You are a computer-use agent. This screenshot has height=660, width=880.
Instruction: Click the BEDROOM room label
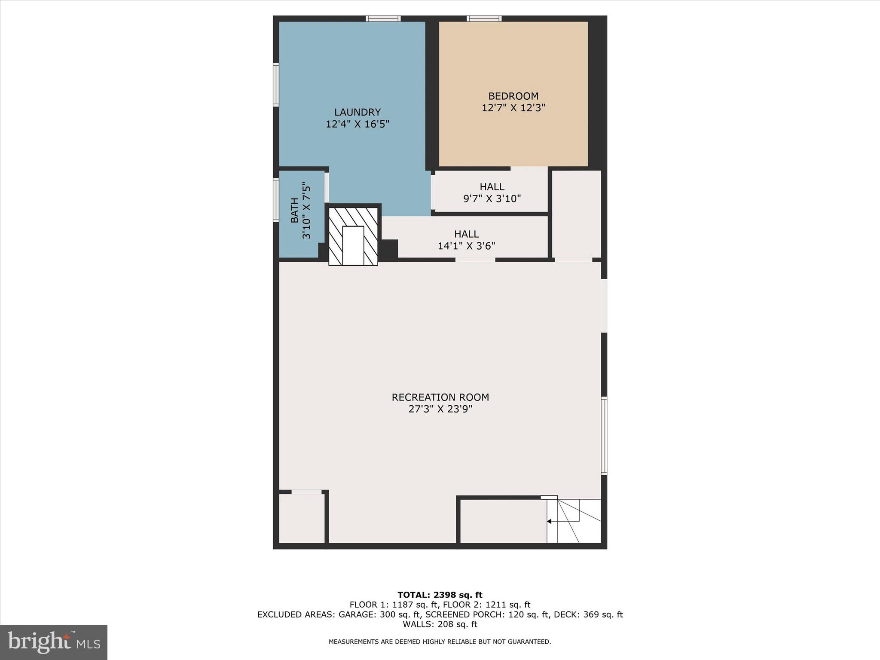click(513, 96)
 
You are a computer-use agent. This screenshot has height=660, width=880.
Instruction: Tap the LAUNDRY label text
click(357, 112)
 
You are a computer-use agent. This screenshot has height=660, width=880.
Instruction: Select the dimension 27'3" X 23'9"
click(440, 409)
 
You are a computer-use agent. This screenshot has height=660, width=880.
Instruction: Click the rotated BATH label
click(295, 210)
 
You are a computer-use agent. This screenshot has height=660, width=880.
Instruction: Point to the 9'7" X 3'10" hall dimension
click(492, 199)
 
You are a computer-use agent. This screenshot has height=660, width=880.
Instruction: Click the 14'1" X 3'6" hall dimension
click(466, 246)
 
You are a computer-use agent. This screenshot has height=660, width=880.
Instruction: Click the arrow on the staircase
click(550, 521)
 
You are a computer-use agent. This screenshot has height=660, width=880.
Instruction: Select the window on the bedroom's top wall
click(484, 18)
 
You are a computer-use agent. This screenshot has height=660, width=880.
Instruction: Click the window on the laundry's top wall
click(383, 18)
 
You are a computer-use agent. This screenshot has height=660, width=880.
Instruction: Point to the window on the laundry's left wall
click(276, 85)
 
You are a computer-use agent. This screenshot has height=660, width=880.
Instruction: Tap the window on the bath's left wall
click(276, 201)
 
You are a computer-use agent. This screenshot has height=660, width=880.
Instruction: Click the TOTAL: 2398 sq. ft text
click(440, 595)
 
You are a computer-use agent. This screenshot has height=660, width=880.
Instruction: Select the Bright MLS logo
click(54, 642)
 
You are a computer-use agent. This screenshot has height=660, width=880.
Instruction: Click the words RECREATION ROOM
click(440, 397)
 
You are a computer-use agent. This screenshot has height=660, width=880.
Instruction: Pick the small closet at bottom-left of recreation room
click(302, 519)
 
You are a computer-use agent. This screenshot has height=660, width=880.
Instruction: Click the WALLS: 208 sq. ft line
click(440, 624)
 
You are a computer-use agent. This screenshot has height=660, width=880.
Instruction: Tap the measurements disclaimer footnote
click(440, 642)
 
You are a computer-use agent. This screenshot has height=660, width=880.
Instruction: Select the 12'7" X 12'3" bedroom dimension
click(513, 108)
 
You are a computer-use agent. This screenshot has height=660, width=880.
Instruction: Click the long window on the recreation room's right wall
click(604, 436)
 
